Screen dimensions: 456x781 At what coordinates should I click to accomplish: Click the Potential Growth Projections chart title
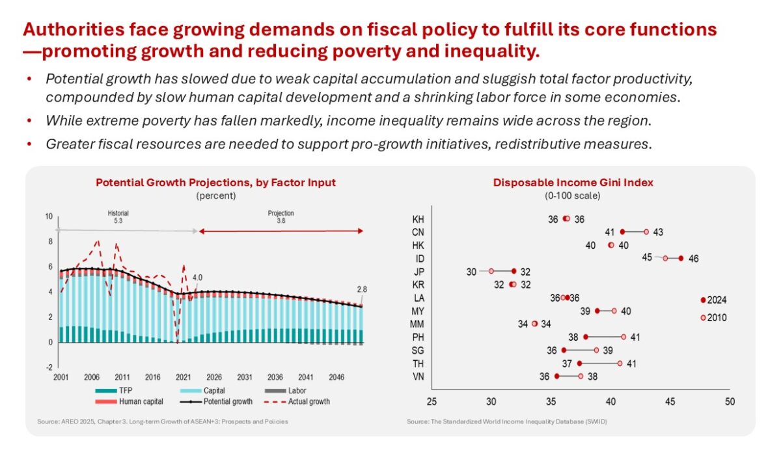click(x=215, y=182)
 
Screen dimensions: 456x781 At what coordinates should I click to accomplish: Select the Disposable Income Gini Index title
click(x=573, y=182)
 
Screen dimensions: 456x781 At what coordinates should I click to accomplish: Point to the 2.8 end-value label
click(x=361, y=290)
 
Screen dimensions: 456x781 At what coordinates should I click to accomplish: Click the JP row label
click(x=419, y=271)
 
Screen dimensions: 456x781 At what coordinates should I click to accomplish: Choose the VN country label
click(x=419, y=376)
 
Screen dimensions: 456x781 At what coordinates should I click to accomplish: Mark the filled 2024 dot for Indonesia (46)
click(x=681, y=258)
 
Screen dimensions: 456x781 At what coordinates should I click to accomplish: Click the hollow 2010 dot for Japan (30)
click(x=491, y=271)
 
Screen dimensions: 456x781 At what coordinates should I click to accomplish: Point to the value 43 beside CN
click(x=657, y=232)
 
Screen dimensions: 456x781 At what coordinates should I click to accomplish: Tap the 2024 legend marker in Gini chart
click(x=703, y=300)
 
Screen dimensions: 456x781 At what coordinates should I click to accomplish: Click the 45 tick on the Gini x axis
click(x=670, y=403)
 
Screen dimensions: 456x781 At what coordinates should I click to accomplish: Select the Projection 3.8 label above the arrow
click(x=281, y=217)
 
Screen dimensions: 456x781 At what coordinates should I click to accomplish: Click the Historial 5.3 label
click(x=118, y=217)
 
